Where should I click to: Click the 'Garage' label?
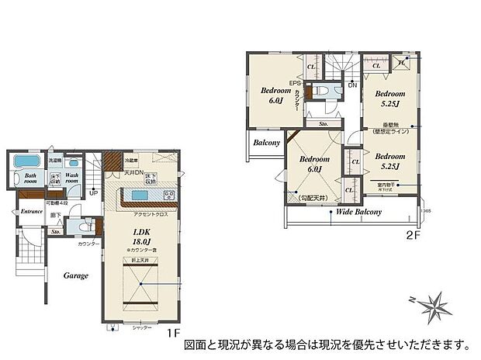[75, 275]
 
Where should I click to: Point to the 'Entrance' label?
[32, 210]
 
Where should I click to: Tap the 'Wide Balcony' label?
[357, 211]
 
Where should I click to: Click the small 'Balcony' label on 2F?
[265, 143]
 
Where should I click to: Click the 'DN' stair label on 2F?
[353, 85]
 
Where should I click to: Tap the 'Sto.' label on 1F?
[56, 231]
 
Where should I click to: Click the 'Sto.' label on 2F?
[323, 123]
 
